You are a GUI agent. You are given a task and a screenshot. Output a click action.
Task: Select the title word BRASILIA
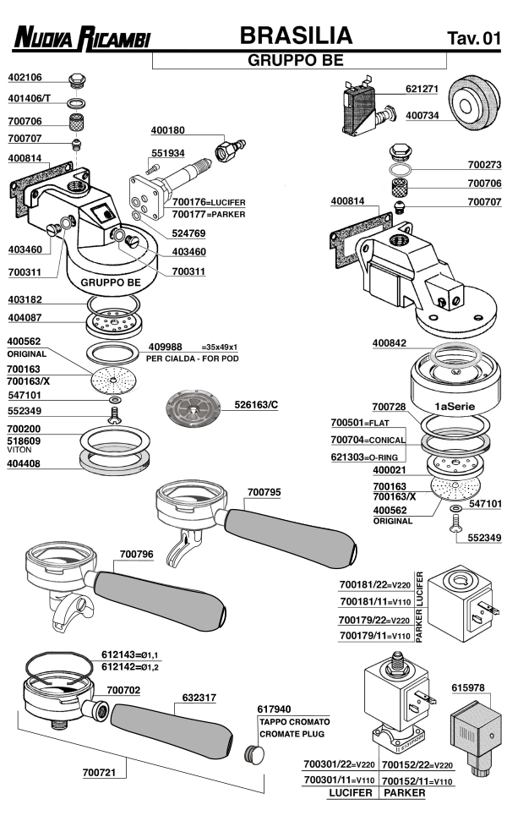point(295,35)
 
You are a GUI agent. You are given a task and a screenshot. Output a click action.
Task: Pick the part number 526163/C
point(255,406)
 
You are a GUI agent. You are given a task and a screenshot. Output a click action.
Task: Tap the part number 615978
point(469,687)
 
